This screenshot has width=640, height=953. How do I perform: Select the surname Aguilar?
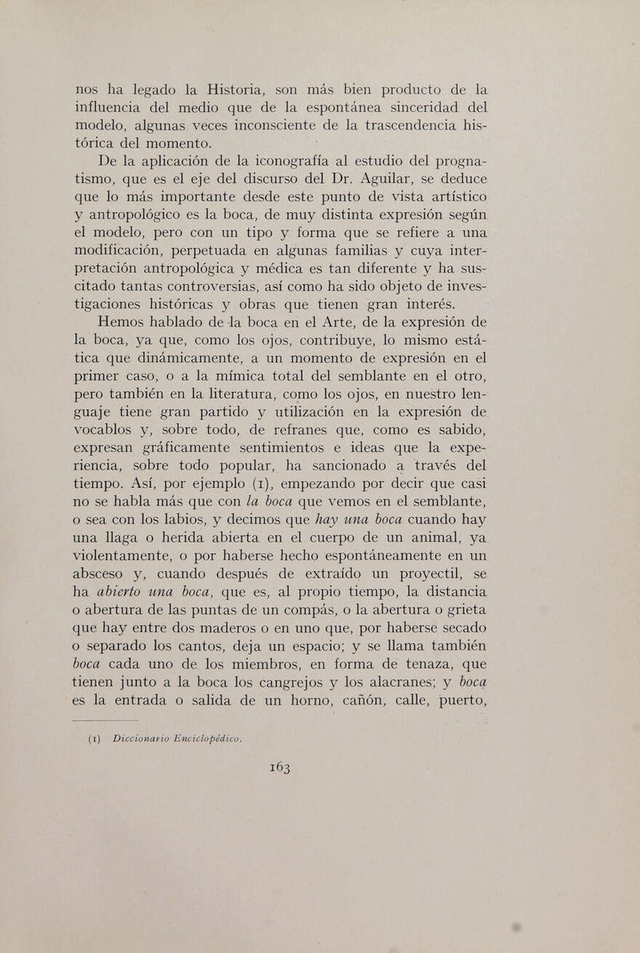coord(374,178)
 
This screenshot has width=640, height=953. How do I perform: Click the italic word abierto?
coord(115,594)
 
